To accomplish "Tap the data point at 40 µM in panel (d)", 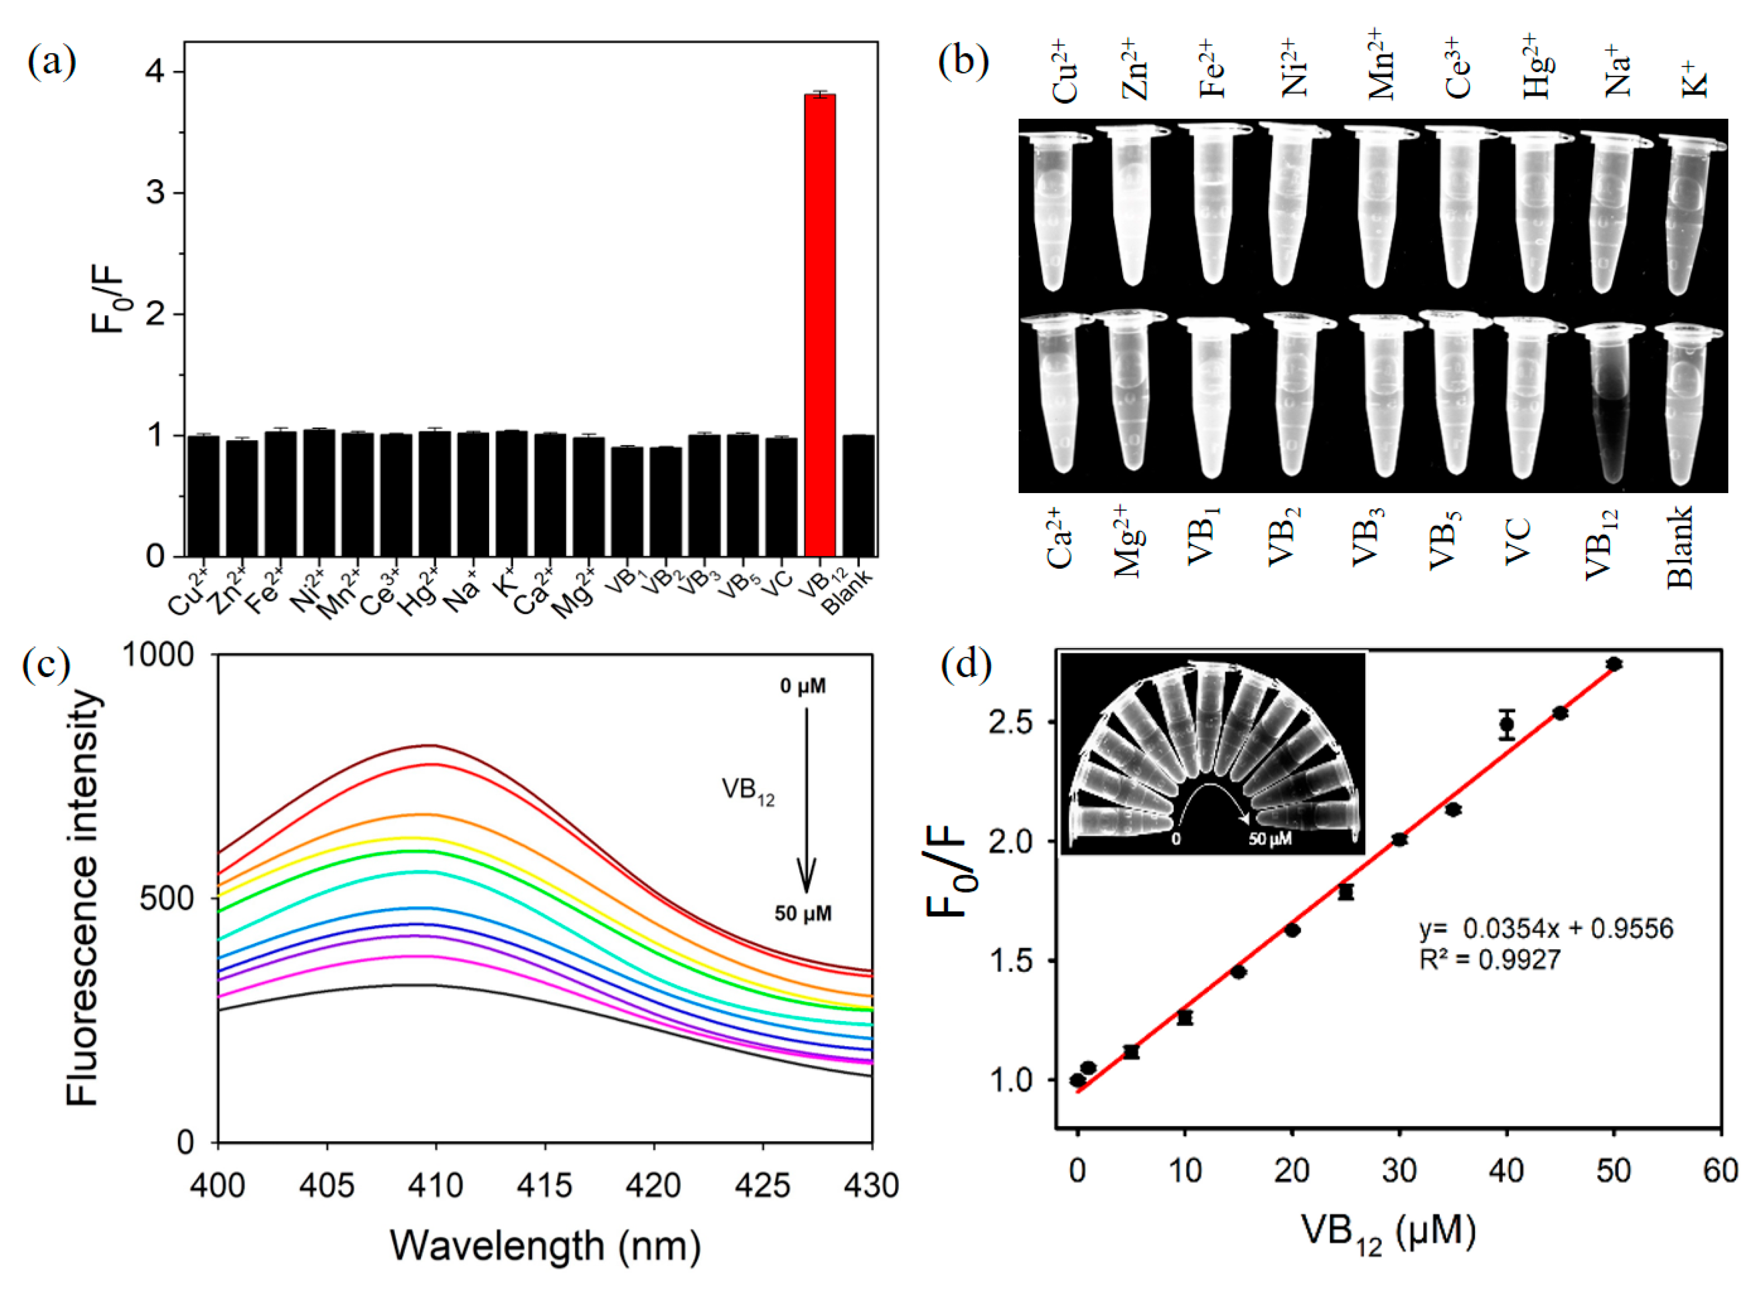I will click(1507, 724).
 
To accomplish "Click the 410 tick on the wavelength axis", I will click(436, 1186).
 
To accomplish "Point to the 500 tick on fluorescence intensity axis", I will click(166, 899).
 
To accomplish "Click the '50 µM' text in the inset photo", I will click(1270, 840).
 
